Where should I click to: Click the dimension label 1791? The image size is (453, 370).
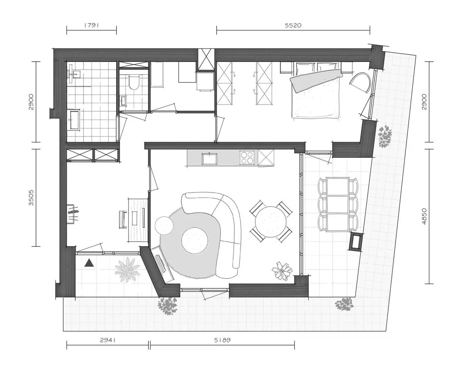tap(92, 25)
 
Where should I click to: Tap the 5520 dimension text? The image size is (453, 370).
tap(293, 25)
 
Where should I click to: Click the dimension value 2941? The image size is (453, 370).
tap(108, 340)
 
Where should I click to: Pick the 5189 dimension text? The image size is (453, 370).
tap(222, 340)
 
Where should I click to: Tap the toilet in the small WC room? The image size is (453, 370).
tap(134, 82)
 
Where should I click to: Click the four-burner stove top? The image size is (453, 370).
tap(248, 158)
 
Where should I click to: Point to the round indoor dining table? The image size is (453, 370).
tap(271, 222)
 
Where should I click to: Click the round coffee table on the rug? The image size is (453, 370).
tap(195, 241)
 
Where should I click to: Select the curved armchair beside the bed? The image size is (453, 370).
tap(360, 82)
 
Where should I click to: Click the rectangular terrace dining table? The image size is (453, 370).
tap(338, 204)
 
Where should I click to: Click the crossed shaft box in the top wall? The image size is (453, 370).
tap(206, 59)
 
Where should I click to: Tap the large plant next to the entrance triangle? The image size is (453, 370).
tap(127, 269)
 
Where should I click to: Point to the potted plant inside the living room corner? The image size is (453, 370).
tap(282, 270)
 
